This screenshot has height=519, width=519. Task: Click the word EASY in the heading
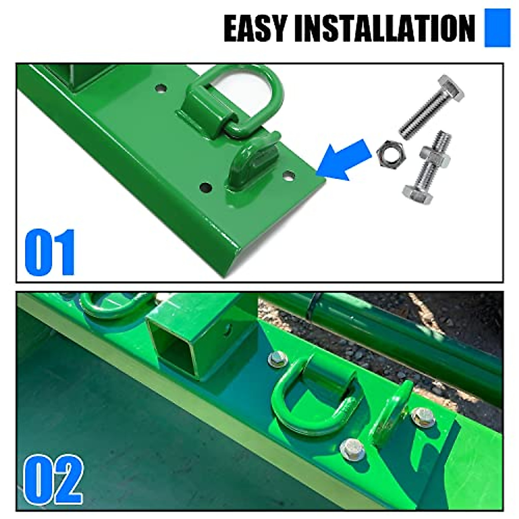pyautogui.click(x=255, y=28)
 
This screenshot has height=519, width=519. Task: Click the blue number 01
pyautogui.click(x=50, y=253)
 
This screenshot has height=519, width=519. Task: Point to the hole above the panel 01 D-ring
pyautogui.click(x=161, y=88)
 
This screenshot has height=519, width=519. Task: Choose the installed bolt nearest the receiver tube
pyautogui.click(x=277, y=359)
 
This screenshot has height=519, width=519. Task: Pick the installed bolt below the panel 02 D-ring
pyautogui.click(x=352, y=449)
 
